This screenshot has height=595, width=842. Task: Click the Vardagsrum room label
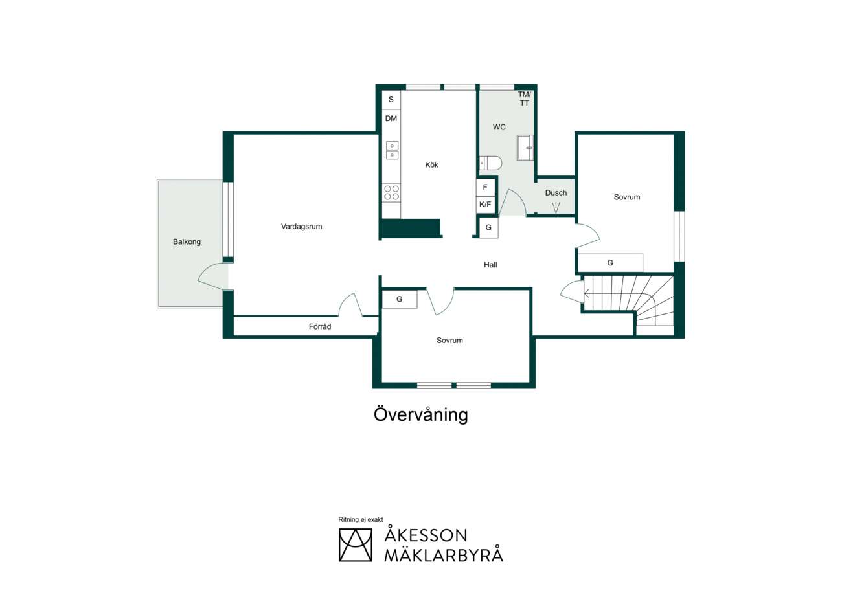pos(301,227)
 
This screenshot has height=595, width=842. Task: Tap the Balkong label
pos(187,242)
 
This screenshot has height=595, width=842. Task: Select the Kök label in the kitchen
pos(431,164)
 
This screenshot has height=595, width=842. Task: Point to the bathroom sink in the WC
pos(525,148)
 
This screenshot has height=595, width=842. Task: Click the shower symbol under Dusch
pos(556,208)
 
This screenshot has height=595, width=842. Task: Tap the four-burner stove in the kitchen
pos(391,192)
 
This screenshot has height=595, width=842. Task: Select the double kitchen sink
pos(392,150)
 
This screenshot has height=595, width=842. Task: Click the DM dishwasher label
pos(391,118)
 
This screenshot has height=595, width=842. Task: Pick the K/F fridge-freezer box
pos(485,205)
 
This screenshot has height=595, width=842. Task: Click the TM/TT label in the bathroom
pos(525,98)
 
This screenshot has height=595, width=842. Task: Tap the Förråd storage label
pos(320,326)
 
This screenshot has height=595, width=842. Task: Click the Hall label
pos(490,265)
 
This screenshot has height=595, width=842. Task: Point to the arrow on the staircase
pos(586,293)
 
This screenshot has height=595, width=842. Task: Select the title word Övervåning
pos(420,415)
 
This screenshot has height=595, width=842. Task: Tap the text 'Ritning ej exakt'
pos(361,519)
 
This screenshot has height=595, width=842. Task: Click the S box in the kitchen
pos(391,100)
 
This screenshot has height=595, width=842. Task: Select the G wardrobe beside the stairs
pos(610,263)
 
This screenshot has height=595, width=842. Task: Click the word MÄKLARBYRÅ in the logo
pos(444,556)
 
